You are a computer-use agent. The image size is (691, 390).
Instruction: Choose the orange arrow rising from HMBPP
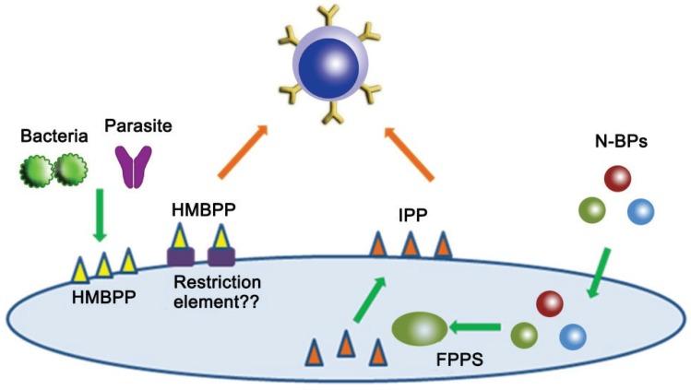239,151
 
